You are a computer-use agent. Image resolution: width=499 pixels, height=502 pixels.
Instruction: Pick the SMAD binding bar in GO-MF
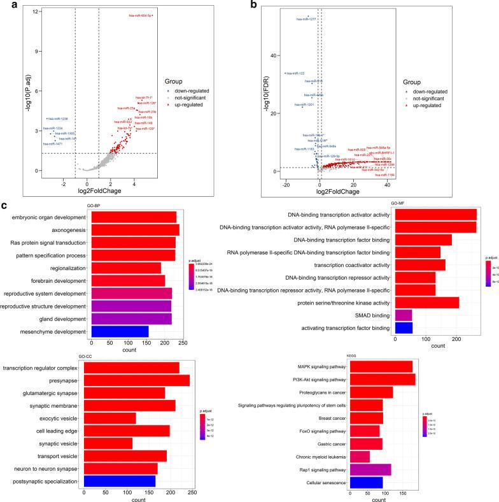404,314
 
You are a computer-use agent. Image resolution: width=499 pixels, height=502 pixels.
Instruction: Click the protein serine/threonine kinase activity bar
427,299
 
